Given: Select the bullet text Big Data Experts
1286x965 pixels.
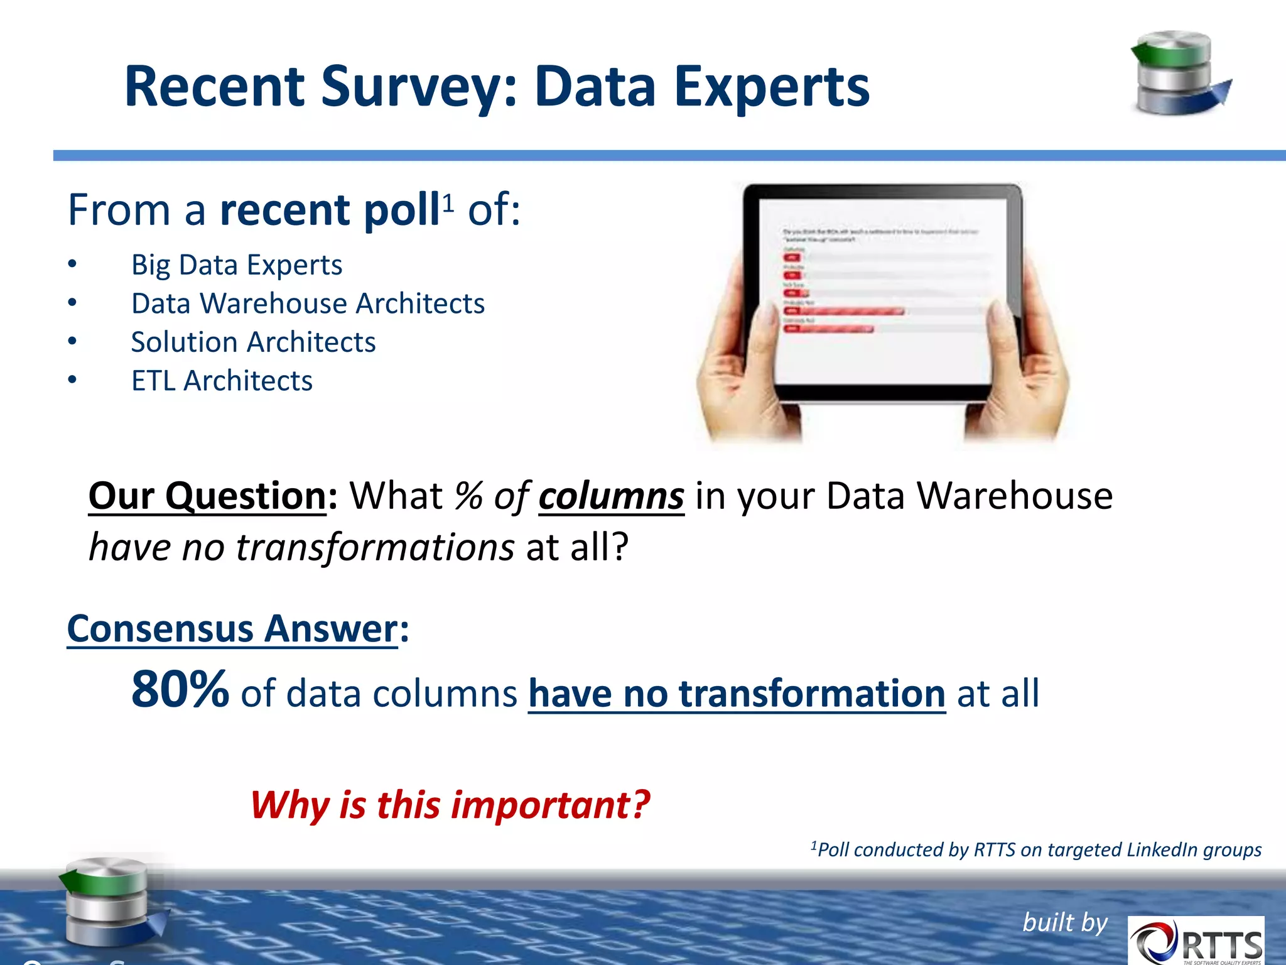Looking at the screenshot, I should pos(236,264).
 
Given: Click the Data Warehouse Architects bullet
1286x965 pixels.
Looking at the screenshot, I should pos(308,303).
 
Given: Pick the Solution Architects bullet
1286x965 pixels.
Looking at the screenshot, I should pos(253,342).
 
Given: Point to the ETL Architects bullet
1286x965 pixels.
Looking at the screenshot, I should pos(222,381).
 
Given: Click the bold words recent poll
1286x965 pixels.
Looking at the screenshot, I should pos(329,210).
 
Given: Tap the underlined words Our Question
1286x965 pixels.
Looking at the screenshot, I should pos(207,496).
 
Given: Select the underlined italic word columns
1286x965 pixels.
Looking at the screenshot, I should pos(611,496).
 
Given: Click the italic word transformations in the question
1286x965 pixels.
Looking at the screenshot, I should pos(375,547).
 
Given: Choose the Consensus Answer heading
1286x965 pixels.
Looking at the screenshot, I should pos(232,629).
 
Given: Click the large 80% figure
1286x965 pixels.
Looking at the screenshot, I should pos(180,690).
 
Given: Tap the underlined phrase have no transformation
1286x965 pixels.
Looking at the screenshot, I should pos(737,694).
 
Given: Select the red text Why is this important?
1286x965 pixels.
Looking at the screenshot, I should pos(450,805).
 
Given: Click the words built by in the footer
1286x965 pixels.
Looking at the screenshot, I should pos(1065,922).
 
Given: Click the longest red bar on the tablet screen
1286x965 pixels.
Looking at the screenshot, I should pos(845,312).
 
